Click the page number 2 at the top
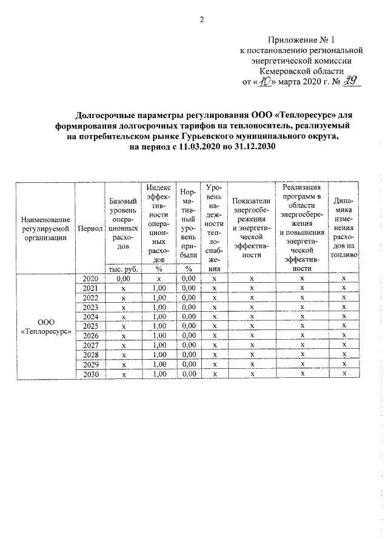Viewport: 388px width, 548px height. [201, 20]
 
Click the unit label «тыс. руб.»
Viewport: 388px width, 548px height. [124, 269]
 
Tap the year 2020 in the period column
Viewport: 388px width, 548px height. [90, 278]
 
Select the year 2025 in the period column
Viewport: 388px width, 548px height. [90, 326]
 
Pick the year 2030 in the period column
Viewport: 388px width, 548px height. [90, 374]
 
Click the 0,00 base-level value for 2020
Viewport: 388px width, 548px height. [124, 278]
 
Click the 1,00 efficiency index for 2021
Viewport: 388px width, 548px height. [159, 288]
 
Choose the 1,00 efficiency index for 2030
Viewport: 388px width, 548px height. [159, 374]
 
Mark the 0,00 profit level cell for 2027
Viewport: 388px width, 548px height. [188, 345]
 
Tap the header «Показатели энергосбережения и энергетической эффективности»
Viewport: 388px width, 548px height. [251, 229]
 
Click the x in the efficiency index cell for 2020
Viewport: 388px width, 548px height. [159, 278]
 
